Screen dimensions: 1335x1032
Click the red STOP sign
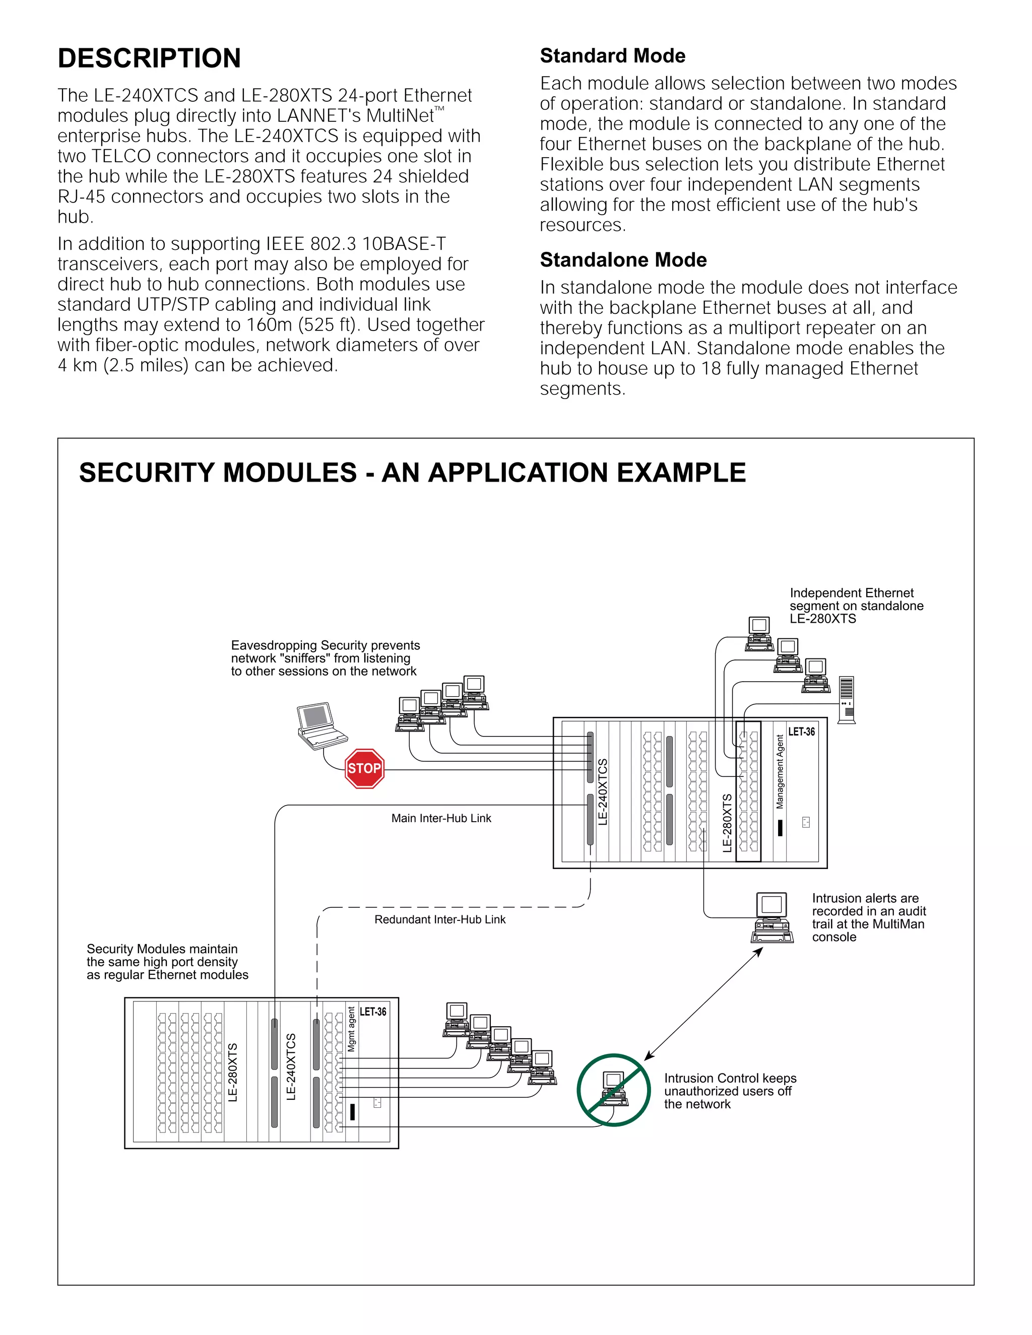(364, 768)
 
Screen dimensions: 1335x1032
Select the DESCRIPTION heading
(149, 58)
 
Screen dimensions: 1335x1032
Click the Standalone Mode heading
(622, 260)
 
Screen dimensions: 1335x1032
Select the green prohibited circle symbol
(613, 1091)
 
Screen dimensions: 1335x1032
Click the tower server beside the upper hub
(846, 700)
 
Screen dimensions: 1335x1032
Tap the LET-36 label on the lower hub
(372, 1012)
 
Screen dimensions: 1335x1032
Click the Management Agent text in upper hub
(780, 772)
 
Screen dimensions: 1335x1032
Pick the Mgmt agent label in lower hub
(351, 1029)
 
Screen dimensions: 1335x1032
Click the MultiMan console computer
(772, 917)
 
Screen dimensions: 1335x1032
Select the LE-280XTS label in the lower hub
(233, 1073)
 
